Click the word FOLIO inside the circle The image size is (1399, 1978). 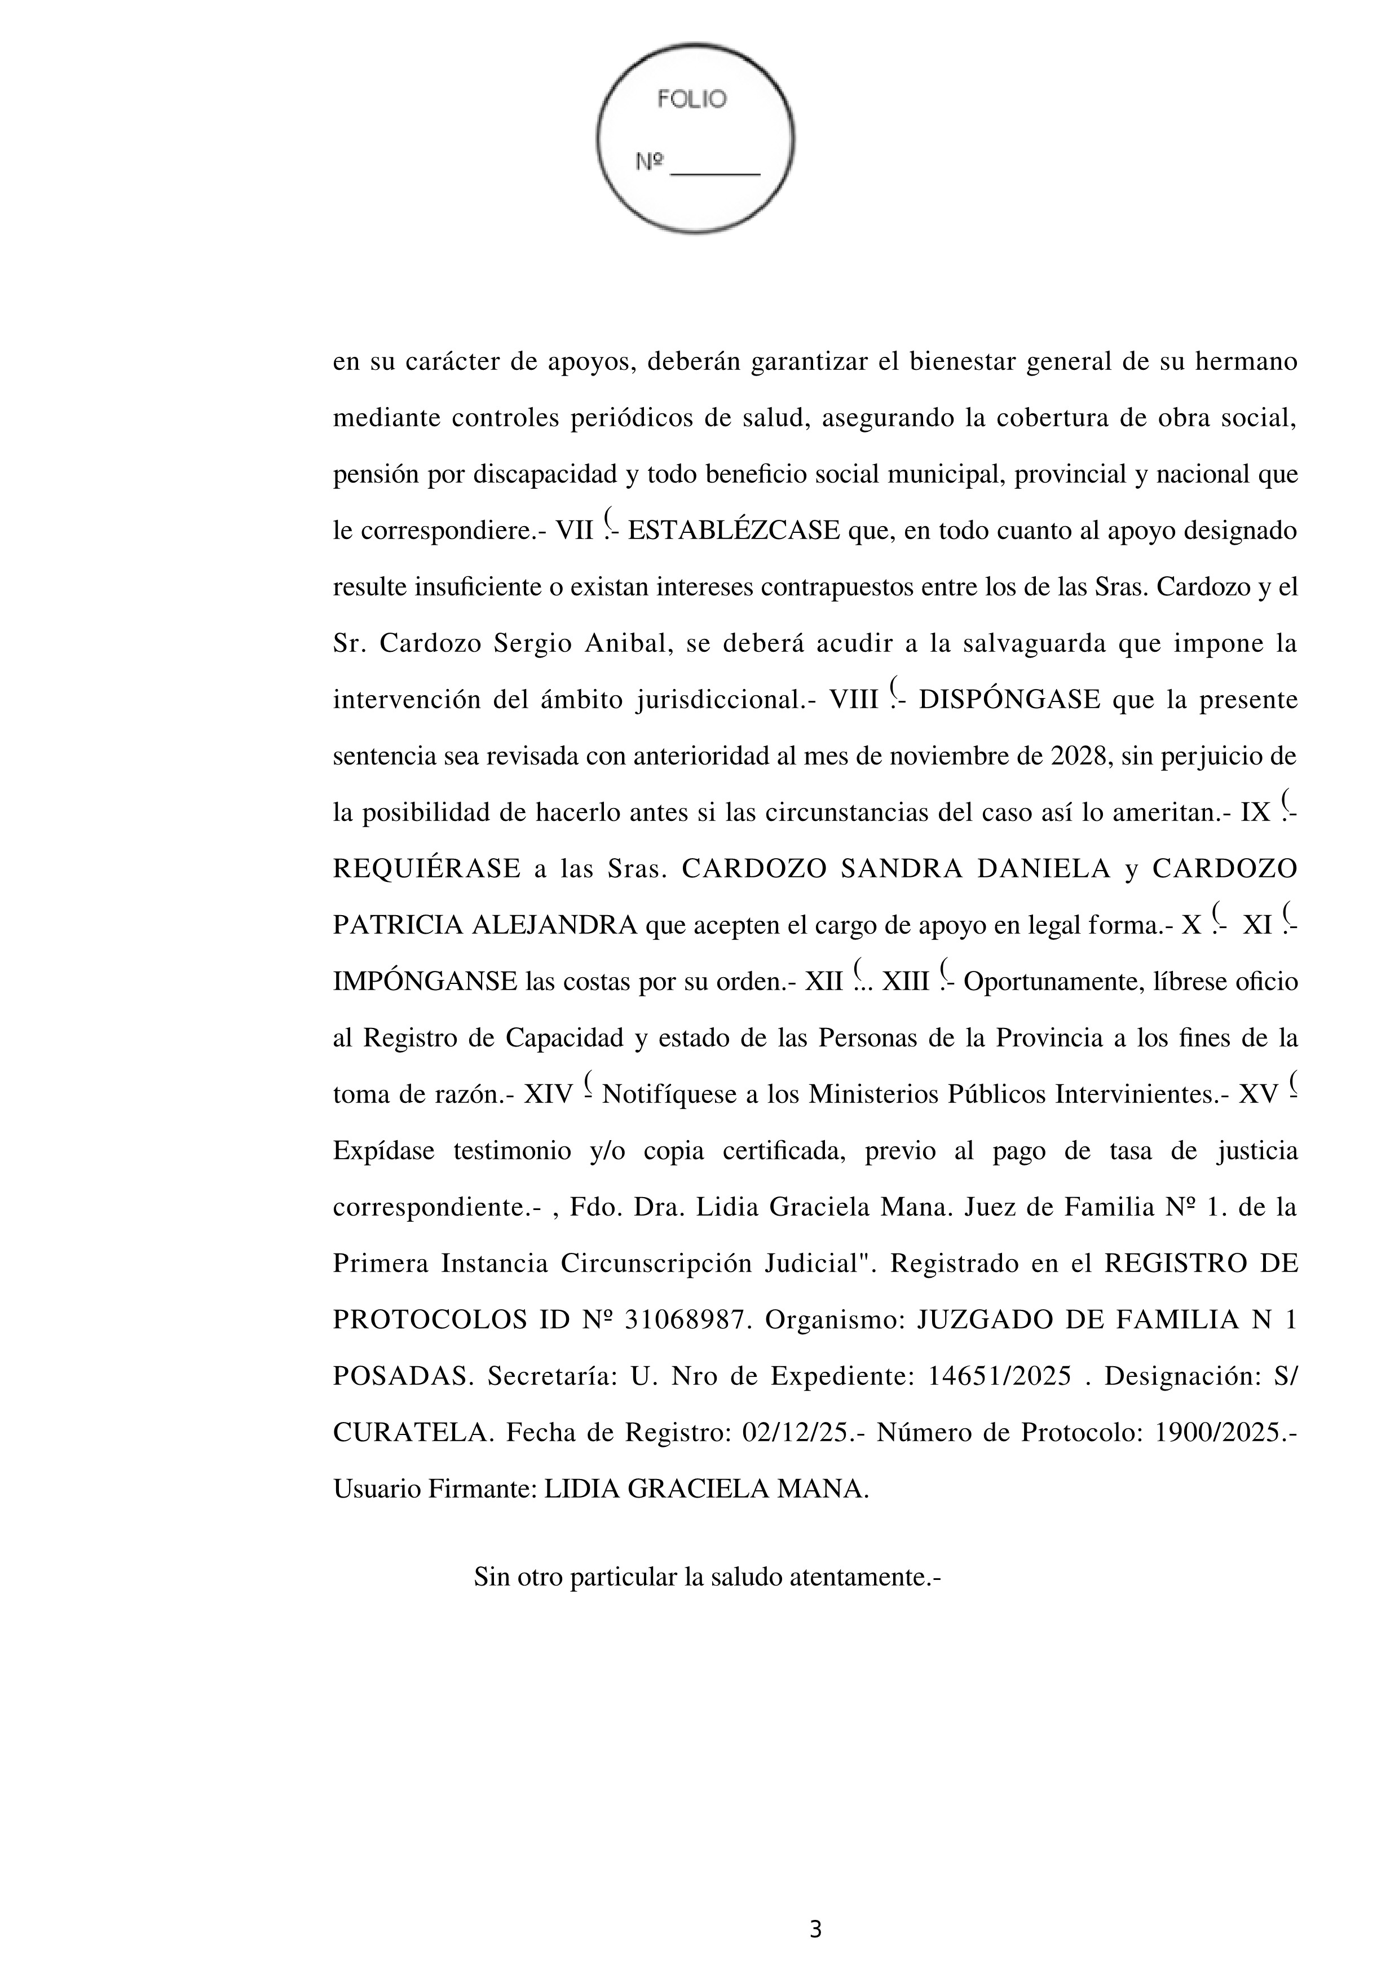click(x=692, y=100)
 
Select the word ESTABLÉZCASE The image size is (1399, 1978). click(x=734, y=531)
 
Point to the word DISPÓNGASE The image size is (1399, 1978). click(x=1009, y=700)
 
